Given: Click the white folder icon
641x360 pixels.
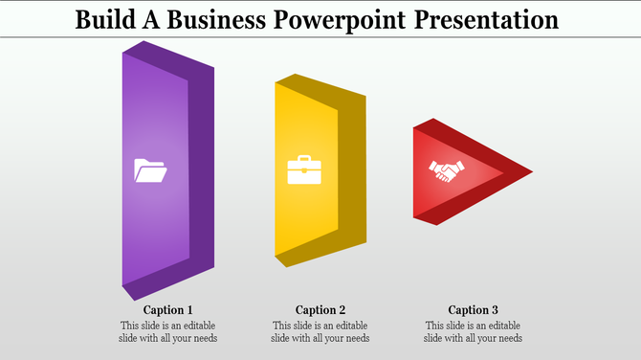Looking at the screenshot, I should (x=150, y=170).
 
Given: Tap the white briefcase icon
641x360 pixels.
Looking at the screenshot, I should (x=304, y=169).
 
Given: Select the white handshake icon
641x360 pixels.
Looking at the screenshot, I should (x=446, y=171).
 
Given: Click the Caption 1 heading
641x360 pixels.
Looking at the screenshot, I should (x=168, y=309).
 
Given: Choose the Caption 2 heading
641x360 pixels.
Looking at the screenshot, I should (x=320, y=309).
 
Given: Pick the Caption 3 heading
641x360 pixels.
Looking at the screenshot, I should (x=474, y=309).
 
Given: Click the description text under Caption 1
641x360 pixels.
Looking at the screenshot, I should (x=168, y=331).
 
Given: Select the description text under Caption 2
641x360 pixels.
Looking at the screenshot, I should (x=320, y=331).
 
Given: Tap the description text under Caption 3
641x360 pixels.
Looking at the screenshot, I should (x=474, y=331).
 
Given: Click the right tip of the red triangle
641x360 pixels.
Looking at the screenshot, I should (x=530, y=172).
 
